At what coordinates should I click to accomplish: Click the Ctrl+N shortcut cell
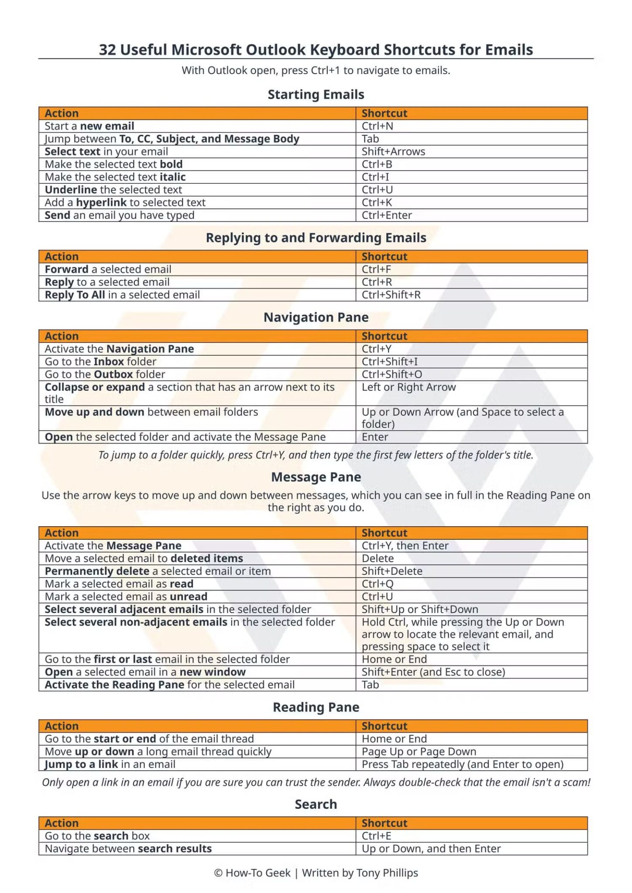pyautogui.click(x=378, y=126)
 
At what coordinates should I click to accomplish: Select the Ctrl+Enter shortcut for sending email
pyautogui.click(x=387, y=215)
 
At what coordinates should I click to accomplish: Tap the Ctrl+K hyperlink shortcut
pyautogui.click(x=377, y=202)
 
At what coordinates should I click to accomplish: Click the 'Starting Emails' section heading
pyautogui.click(x=316, y=94)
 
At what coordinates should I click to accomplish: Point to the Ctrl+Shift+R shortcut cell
pyautogui.click(x=391, y=295)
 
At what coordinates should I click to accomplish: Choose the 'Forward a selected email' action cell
pyautogui.click(x=108, y=269)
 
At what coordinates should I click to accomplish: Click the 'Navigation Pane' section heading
pyautogui.click(x=316, y=317)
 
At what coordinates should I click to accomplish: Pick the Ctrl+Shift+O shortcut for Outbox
pyautogui.click(x=392, y=374)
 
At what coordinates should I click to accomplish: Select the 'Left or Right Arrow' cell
pyautogui.click(x=409, y=387)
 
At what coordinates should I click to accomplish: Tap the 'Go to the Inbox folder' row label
pyautogui.click(x=100, y=361)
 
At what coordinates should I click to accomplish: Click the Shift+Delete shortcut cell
pyautogui.click(x=392, y=571)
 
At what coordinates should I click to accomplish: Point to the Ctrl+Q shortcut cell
pyautogui.click(x=378, y=584)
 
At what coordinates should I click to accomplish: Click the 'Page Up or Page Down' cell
pyautogui.click(x=419, y=751)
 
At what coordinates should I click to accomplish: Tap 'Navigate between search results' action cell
pyautogui.click(x=128, y=849)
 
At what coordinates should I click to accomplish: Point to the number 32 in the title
pyautogui.click(x=107, y=50)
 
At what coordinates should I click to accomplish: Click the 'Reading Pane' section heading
pyautogui.click(x=316, y=707)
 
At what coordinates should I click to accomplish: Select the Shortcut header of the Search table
pyautogui.click(x=384, y=823)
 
